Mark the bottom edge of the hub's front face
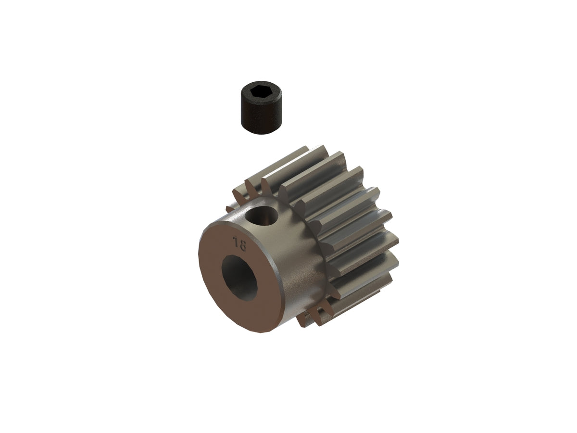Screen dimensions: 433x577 click(x=255, y=332)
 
